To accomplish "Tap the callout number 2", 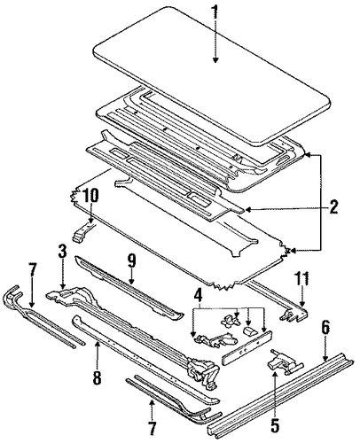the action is [x=333, y=207].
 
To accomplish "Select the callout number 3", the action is [x=63, y=253].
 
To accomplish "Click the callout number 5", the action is [x=275, y=424].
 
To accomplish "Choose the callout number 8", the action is [x=98, y=378].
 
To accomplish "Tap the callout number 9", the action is [x=131, y=262].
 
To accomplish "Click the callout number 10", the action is [x=90, y=195].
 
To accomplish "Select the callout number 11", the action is [x=301, y=280].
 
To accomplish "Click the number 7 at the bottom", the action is [x=152, y=429].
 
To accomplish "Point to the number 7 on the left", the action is [x=32, y=270].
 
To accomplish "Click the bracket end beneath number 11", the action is [x=294, y=315].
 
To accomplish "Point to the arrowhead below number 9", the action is [x=131, y=282].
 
